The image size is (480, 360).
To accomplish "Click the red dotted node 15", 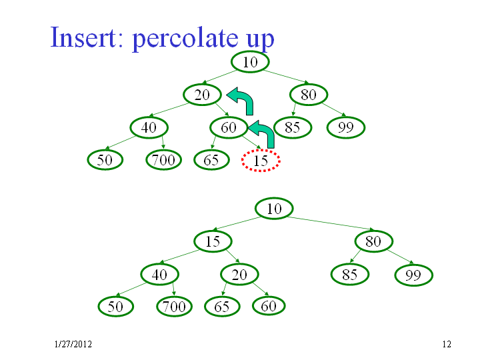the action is (261, 161).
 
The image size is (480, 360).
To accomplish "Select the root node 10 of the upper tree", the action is (250, 62).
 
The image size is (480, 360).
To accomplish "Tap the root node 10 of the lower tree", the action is (274, 209).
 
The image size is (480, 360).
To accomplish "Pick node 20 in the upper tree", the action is (202, 95).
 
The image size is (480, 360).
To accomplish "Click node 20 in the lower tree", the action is (239, 274).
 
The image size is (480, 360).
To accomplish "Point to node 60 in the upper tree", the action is (229, 127).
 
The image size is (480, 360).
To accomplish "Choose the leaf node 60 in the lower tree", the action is (269, 306).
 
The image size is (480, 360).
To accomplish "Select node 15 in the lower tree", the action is (213, 241).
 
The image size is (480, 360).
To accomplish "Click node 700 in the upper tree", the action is (164, 160).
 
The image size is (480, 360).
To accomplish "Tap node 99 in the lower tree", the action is (414, 275).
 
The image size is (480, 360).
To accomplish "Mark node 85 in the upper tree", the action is (293, 127).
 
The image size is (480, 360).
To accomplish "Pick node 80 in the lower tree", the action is (373, 241).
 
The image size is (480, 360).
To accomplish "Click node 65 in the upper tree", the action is (211, 160).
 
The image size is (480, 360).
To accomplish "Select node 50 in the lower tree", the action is (116, 307).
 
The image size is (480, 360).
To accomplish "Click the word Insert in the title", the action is (83, 37).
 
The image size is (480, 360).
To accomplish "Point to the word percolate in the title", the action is (185, 39).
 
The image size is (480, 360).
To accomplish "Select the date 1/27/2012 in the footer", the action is (73, 345).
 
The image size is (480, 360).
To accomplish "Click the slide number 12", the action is (447, 345).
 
